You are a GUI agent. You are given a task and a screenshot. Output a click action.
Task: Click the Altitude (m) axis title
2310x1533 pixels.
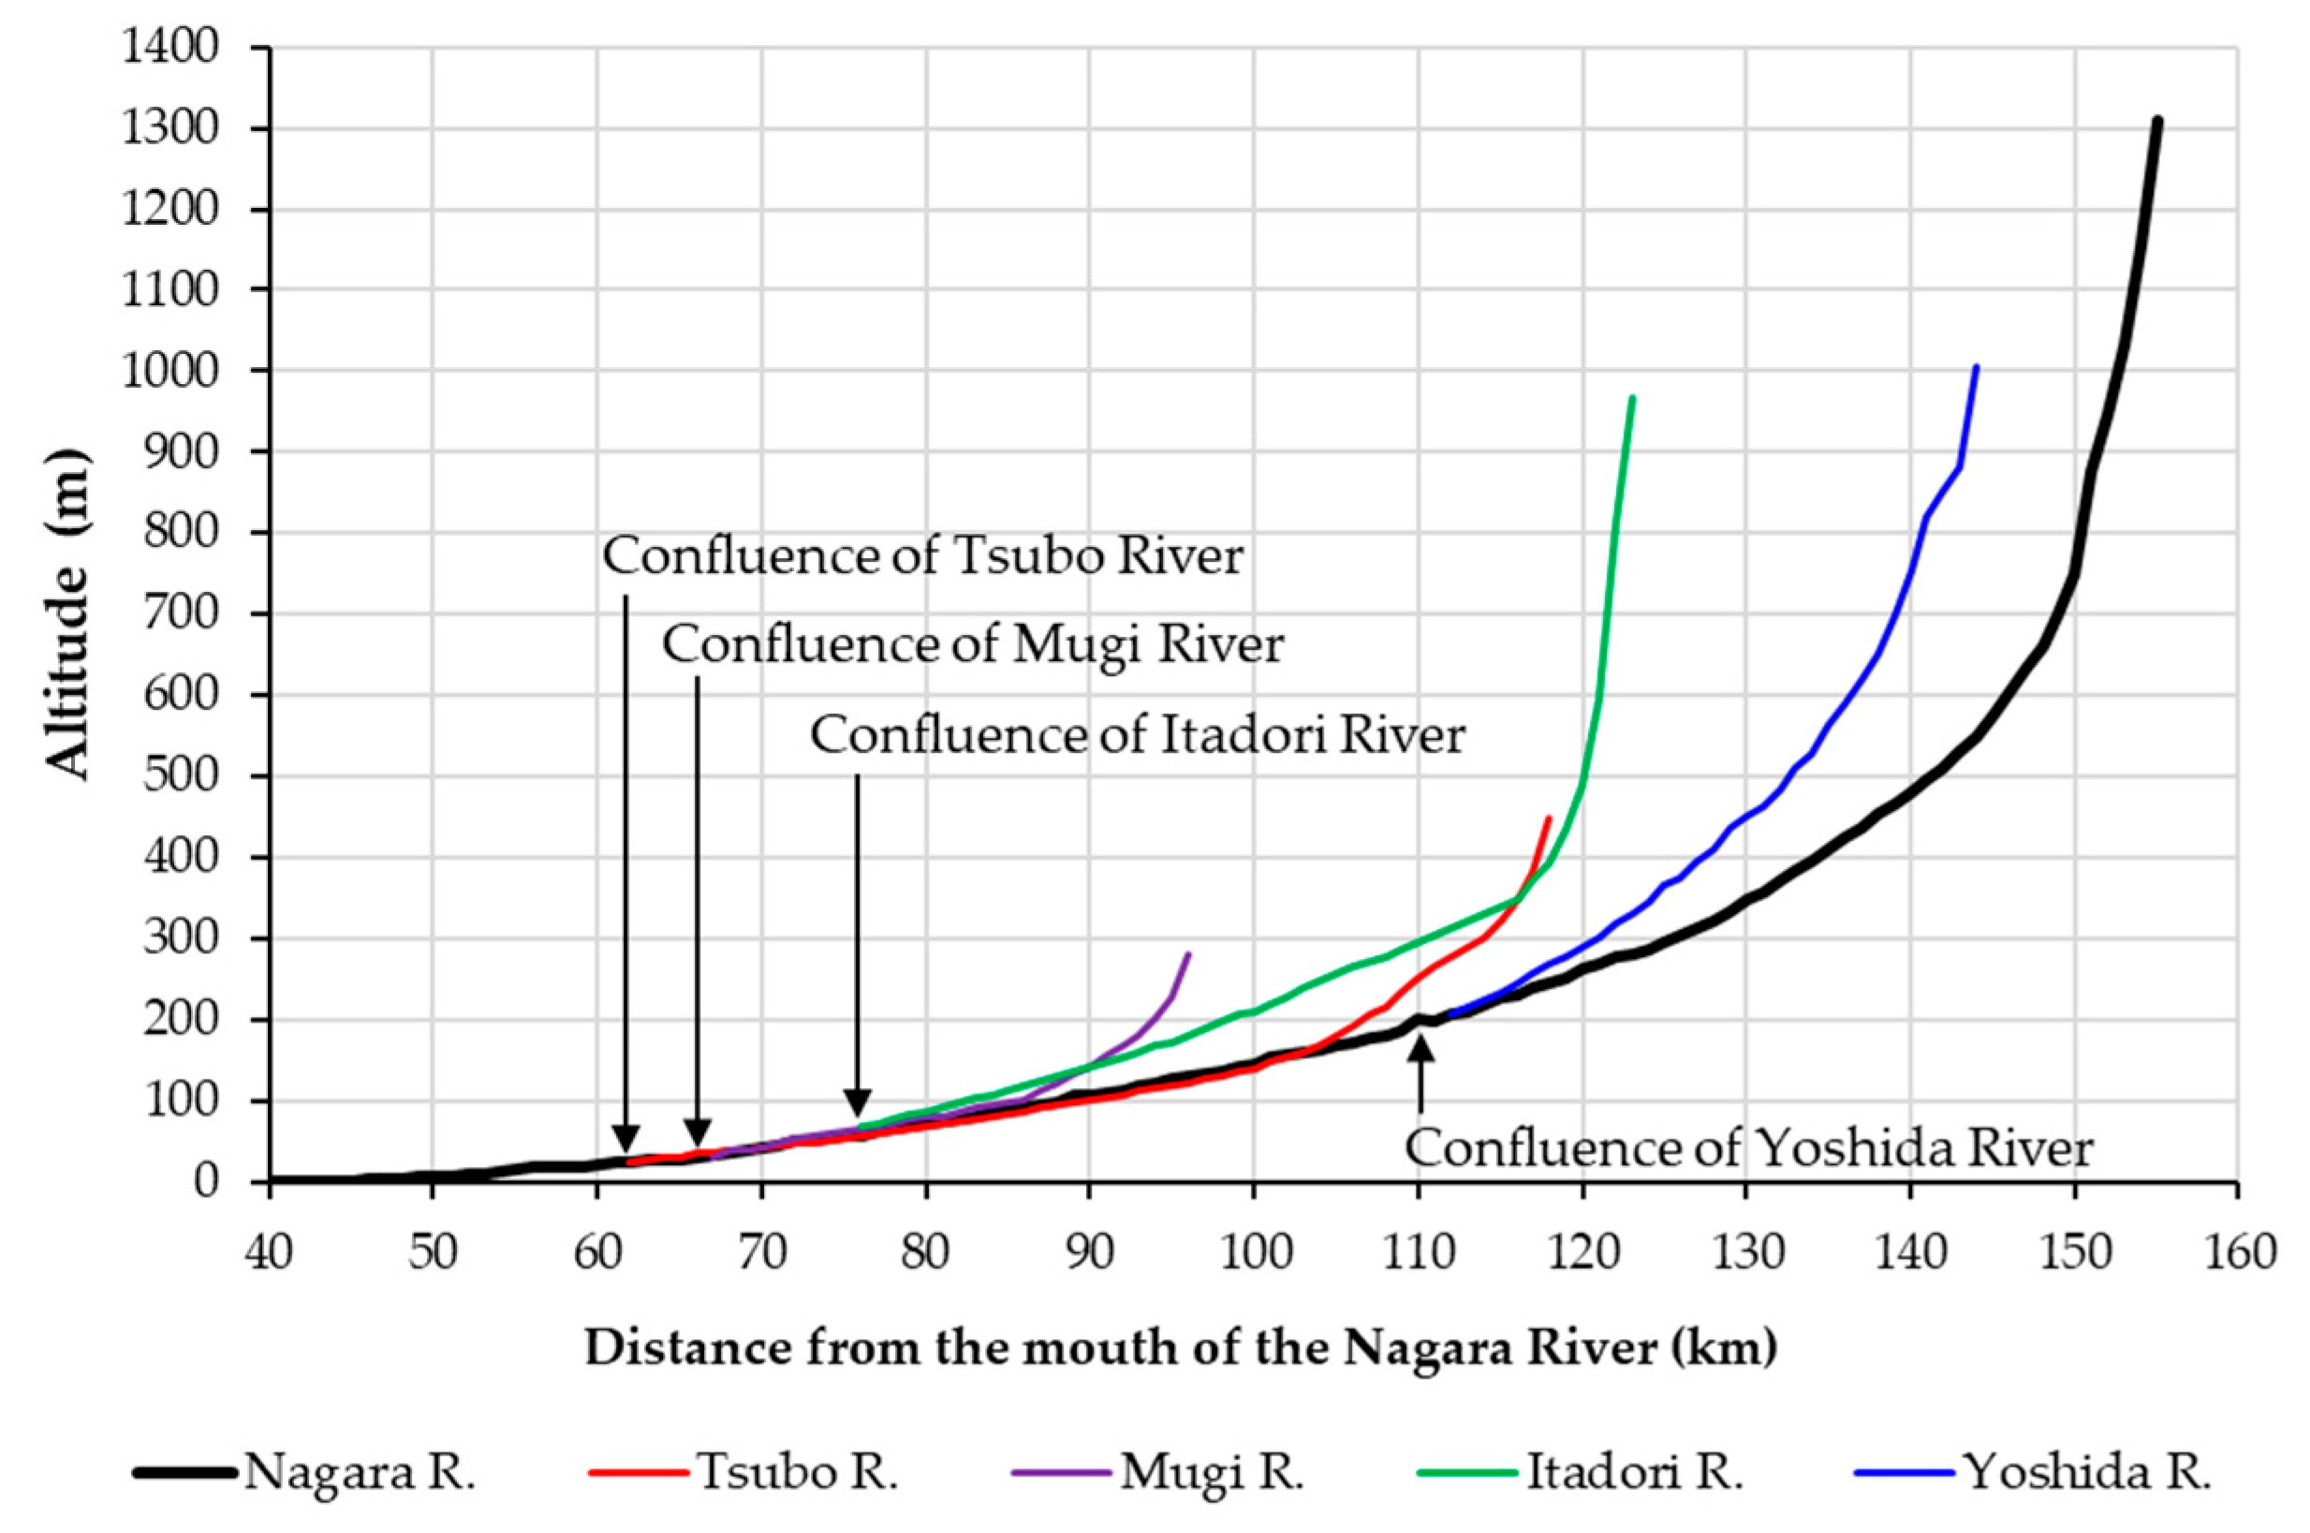[68, 615]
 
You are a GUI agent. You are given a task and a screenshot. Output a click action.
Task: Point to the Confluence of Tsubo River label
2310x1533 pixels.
[922, 557]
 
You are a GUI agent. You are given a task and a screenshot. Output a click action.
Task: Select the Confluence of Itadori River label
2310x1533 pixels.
[1137, 736]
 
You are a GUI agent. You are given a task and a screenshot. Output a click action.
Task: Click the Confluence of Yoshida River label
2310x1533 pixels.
[1749, 1149]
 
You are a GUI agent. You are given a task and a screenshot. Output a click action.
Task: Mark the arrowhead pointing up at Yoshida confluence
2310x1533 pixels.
[1420, 1048]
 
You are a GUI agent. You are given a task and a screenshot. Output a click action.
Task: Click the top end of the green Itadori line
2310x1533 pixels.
[1632, 398]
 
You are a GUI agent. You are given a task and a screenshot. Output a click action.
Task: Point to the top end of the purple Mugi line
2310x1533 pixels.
[1189, 953]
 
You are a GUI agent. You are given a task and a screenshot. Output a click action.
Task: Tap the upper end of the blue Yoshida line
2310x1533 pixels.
[1977, 368]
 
